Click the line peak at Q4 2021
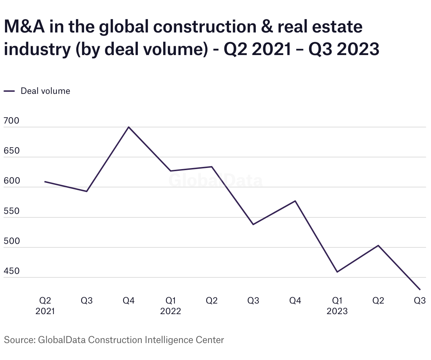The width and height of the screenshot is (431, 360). pos(129,127)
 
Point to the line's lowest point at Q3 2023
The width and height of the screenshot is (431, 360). pos(420,290)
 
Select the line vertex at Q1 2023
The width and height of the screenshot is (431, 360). pos(337,272)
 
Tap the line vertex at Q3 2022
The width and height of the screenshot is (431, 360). pos(253,224)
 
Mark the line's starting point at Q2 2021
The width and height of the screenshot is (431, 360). pos(45,181)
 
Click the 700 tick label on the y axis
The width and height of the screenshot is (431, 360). pos(11,121)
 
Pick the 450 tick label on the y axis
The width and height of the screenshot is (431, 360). pos(11,271)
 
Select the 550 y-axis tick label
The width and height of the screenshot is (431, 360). pos(11,211)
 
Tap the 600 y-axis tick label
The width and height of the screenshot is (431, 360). pos(11,181)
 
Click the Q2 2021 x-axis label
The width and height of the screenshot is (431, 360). pos(45,306)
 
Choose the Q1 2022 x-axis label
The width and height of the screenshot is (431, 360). pos(171,306)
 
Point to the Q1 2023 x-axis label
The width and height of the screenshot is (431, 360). pos(337,306)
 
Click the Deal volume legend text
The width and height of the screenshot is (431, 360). pos(45,91)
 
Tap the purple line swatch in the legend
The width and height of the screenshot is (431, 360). pos(9,91)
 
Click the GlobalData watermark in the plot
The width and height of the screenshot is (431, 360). pos(215,181)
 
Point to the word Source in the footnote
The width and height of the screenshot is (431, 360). pos(18,340)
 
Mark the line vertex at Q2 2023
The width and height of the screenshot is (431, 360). pos(378,245)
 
